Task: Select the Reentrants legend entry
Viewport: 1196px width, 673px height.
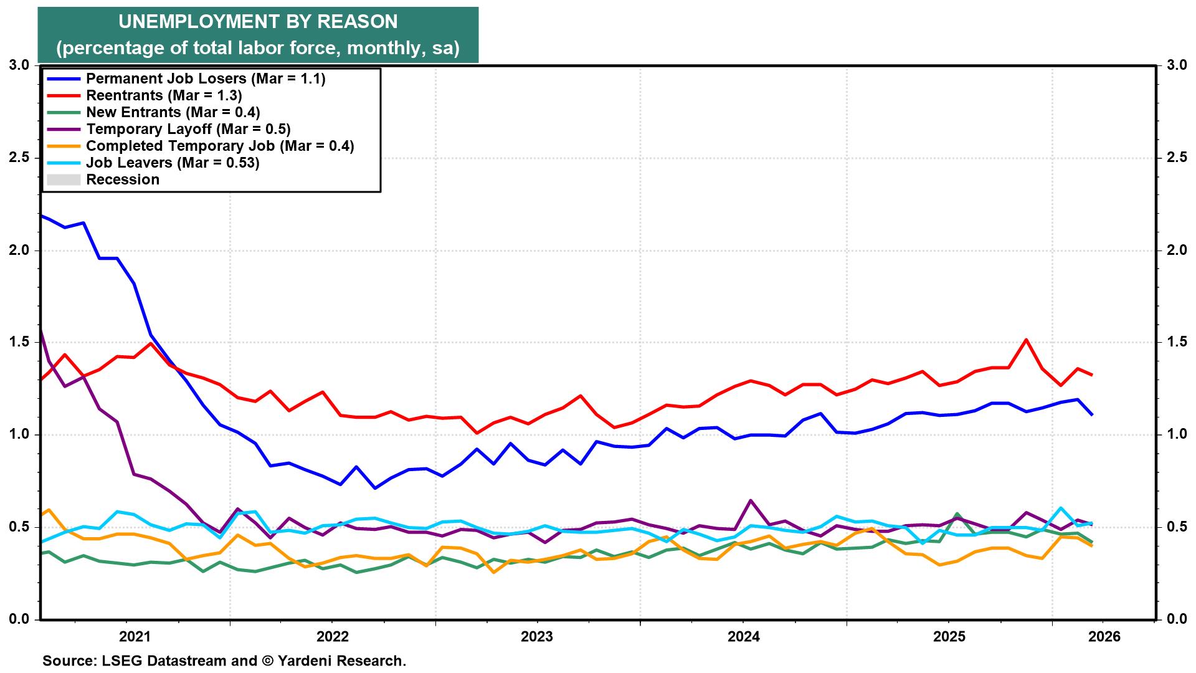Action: click(x=164, y=96)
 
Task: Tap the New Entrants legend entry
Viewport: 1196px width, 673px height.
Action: click(x=173, y=113)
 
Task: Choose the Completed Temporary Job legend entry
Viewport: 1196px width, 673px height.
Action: click(x=220, y=146)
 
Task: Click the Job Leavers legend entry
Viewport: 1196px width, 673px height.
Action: click(x=172, y=163)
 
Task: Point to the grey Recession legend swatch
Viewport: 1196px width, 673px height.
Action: click(x=64, y=180)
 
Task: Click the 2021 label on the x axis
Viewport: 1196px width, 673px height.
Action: click(x=135, y=637)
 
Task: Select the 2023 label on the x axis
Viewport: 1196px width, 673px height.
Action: click(x=537, y=637)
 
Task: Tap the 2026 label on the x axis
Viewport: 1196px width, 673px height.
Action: click(x=1104, y=637)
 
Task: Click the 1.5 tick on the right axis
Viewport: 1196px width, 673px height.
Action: click(x=1175, y=342)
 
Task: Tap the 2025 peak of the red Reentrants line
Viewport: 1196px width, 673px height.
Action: click(x=1026, y=340)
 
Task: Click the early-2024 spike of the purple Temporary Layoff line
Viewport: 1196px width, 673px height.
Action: click(x=751, y=500)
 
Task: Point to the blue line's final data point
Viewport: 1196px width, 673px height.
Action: click(x=1091, y=414)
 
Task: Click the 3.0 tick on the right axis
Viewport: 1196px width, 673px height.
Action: click(x=1175, y=65)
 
